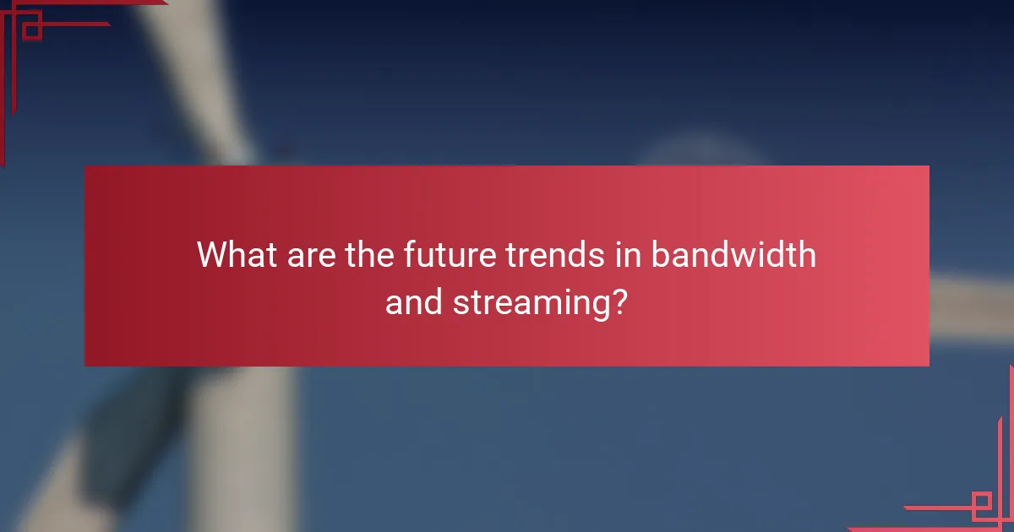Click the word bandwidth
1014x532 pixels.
733,254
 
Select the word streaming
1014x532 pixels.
530,301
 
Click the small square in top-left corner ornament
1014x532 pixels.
31,30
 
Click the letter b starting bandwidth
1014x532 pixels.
658,254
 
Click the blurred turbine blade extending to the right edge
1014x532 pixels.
972,308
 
